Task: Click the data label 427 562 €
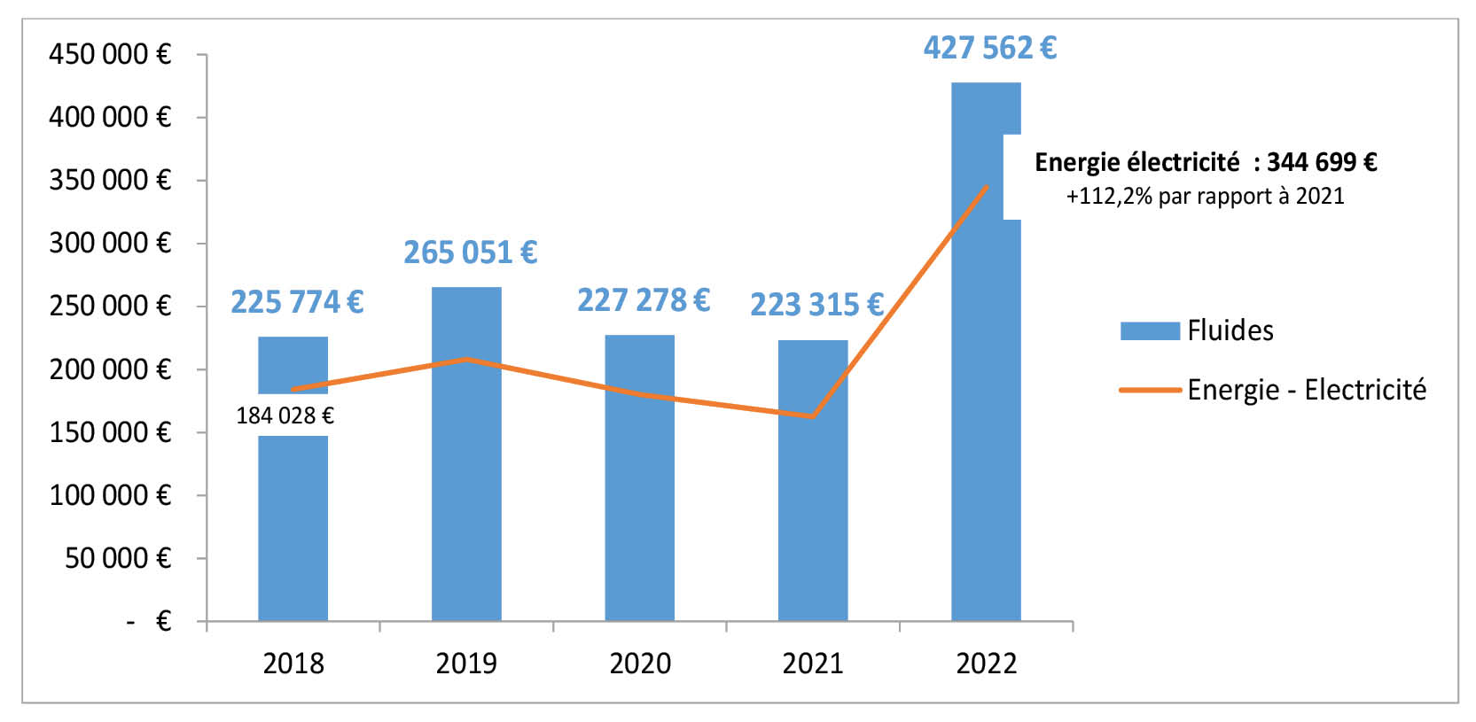(x=989, y=48)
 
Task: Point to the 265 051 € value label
(x=470, y=252)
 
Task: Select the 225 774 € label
(x=297, y=302)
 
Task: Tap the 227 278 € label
(x=644, y=300)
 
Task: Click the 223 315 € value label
(x=816, y=305)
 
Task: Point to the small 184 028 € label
(x=285, y=415)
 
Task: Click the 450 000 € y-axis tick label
(x=109, y=54)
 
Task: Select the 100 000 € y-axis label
(x=109, y=495)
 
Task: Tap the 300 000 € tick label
(x=109, y=243)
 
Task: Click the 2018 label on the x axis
(x=293, y=664)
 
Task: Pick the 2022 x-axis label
(x=986, y=664)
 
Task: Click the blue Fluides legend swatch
(x=1150, y=330)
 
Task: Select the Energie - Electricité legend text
(x=1307, y=390)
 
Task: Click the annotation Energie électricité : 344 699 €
(x=1206, y=162)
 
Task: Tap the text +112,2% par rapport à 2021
(x=1205, y=196)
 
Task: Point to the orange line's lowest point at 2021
(x=812, y=416)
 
